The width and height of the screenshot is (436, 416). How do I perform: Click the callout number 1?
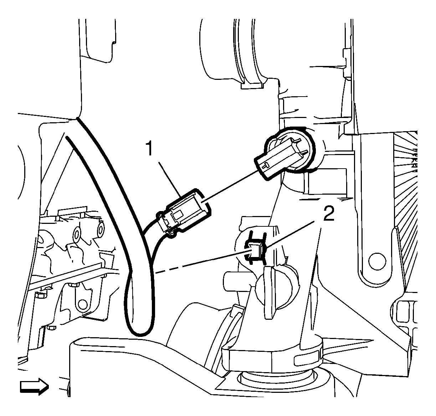pyautogui.click(x=150, y=149)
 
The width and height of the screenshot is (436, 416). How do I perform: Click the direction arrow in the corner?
pyautogui.click(x=34, y=387)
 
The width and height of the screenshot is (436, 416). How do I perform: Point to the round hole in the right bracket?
pyautogui.click(x=377, y=261)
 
